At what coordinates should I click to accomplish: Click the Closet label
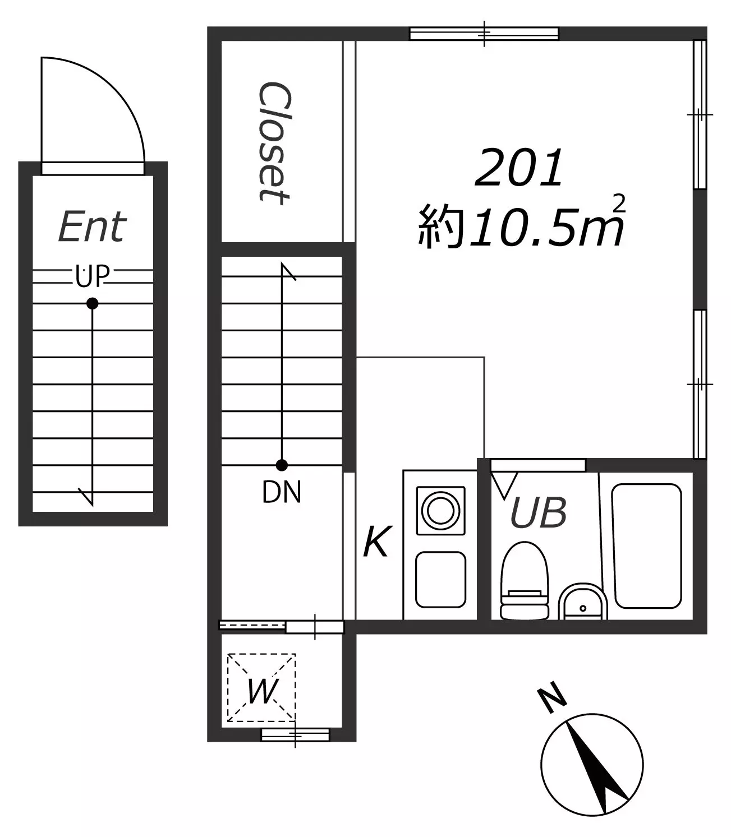tap(275, 143)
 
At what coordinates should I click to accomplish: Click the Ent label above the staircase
tap(93, 226)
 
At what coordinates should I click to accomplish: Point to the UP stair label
tap(93, 276)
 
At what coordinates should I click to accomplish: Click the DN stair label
tap(282, 492)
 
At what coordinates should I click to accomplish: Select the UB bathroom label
tap(539, 512)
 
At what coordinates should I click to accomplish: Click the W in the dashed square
tap(263, 691)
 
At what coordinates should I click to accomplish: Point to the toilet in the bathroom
tap(525, 580)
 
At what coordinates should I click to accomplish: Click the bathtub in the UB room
tap(647, 545)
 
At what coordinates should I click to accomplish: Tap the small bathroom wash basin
tap(583, 602)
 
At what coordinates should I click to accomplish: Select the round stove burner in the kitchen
tap(441, 511)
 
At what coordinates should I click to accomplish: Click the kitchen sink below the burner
tap(441, 580)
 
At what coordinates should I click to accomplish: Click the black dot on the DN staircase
tap(282, 465)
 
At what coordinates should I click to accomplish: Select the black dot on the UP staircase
tap(93, 303)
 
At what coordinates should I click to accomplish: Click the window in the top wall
tap(484, 34)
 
